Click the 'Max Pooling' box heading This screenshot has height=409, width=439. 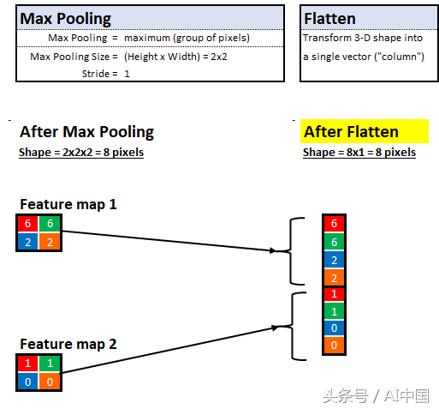[x=65, y=19]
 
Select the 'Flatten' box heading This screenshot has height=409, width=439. [x=329, y=19]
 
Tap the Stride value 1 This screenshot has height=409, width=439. [x=127, y=74]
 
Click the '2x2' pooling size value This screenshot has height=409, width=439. [x=219, y=57]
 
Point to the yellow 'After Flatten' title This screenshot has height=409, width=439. [x=351, y=132]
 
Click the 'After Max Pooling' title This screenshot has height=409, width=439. [x=86, y=132]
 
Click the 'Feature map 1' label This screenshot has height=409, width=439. [x=68, y=204]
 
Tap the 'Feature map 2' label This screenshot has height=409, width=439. [x=68, y=344]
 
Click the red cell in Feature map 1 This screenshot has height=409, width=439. [x=27, y=224]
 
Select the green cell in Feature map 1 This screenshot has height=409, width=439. [x=50, y=224]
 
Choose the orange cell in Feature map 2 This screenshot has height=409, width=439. [x=50, y=382]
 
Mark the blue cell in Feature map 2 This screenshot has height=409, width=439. [x=27, y=382]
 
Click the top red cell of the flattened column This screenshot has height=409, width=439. [x=334, y=224]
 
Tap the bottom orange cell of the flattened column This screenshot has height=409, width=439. [x=334, y=345]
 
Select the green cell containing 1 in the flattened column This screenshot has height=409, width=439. [x=334, y=311]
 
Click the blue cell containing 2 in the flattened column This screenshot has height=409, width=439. [x=334, y=260]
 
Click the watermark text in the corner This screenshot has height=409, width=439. [x=376, y=396]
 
